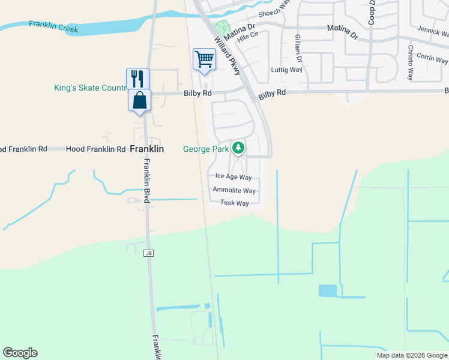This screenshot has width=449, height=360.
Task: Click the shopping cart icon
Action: click(x=204, y=60)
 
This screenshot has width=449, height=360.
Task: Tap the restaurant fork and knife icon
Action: click(x=137, y=79)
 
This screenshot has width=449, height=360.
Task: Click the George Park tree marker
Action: click(x=238, y=148)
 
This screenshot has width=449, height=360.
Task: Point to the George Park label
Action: click(x=206, y=148)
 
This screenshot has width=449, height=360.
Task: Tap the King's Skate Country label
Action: click(x=90, y=88)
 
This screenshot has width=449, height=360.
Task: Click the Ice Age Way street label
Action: click(x=234, y=177)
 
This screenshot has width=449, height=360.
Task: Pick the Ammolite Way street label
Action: click(x=234, y=190)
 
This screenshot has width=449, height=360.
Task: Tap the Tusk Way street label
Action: click(x=234, y=203)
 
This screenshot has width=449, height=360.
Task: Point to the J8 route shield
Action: click(x=148, y=254)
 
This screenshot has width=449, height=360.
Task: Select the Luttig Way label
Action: click(x=287, y=70)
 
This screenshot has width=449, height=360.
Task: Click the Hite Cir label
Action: click(x=247, y=37)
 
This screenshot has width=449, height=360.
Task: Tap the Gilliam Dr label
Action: click(x=298, y=48)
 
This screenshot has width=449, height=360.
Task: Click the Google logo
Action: click(x=20, y=353)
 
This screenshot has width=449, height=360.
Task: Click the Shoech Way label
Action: click(x=274, y=13)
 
